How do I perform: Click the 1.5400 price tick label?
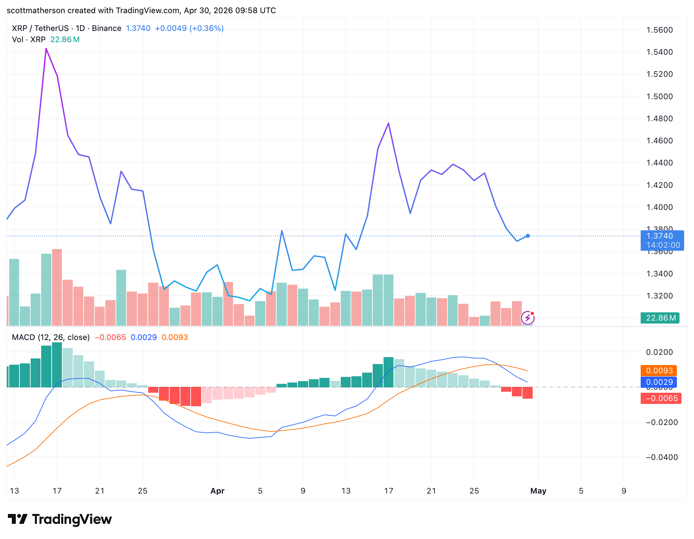(659, 52)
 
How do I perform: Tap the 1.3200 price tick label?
(659, 296)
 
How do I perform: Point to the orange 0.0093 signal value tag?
(659, 371)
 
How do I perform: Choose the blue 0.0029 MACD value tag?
(659, 382)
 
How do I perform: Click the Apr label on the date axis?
(217, 491)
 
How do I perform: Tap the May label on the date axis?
(538, 491)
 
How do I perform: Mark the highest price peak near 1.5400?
(46, 49)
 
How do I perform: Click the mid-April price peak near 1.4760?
(388, 124)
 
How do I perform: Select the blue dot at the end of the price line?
(528, 236)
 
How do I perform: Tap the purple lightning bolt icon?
(527, 318)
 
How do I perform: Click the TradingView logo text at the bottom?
(72, 520)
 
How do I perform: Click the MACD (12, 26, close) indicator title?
(51, 337)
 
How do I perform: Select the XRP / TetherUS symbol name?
(40, 28)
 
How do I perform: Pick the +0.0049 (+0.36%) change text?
(189, 28)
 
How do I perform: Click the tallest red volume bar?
(57, 287)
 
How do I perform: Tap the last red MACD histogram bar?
(527, 393)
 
